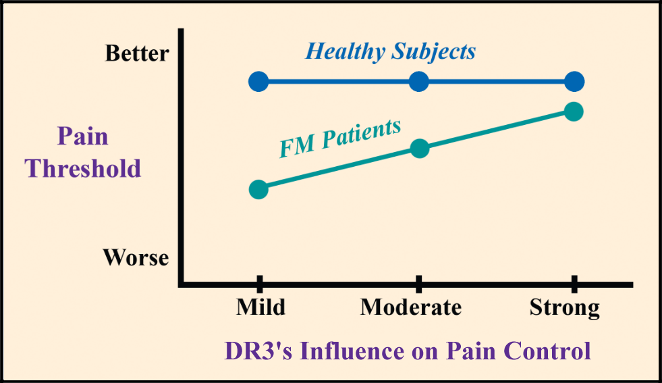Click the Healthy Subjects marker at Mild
click(x=258, y=82)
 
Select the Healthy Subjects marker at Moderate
click(x=419, y=82)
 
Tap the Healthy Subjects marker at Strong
click(x=574, y=82)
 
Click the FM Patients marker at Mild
click(x=258, y=189)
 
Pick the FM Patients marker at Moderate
click(x=419, y=149)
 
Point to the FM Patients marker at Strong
click(x=574, y=111)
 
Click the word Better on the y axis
click(x=137, y=54)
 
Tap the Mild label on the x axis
click(x=260, y=307)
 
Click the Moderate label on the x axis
click(x=410, y=307)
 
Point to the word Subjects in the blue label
click(x=433, y=52)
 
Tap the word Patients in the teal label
click(x=361, y=135)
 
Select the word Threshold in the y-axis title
click(x=83, y=168)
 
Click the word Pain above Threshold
click(x=82, y=136)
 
